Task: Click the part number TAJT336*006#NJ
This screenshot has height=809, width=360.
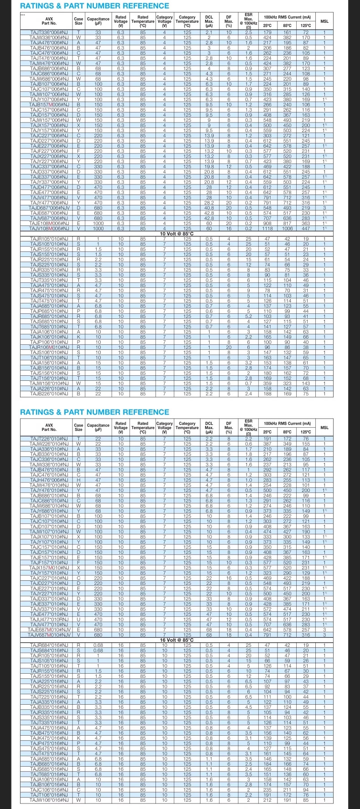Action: point(49,32)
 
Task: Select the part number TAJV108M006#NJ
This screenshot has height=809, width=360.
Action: point(49,229)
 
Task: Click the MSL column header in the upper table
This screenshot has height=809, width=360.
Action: point(324,21)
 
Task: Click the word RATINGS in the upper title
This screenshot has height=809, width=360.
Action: point(39,6)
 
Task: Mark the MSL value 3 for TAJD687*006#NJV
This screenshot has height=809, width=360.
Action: point(324,207)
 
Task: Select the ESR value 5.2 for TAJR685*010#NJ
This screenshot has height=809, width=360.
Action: point(248,303)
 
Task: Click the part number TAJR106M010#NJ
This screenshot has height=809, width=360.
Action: point(49,347)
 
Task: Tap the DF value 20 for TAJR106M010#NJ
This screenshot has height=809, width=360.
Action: point(229,347)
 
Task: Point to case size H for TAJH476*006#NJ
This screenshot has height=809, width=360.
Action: point(78,479)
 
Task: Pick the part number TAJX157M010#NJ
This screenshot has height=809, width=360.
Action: point(49,568)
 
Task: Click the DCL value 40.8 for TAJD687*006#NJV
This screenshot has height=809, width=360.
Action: point(209,207)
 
